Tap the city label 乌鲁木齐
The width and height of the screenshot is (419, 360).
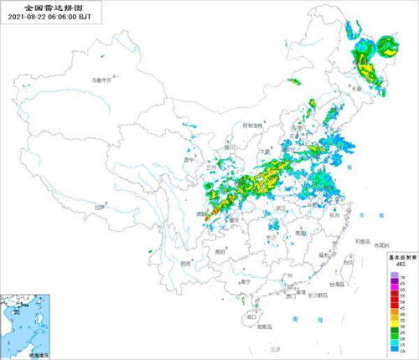pyautogui.click(x=101, y=81)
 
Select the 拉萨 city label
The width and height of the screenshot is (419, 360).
pyautogui.click(x=101, y=206)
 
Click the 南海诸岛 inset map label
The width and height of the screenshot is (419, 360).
pyautogui.click(x=38, y=355)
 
